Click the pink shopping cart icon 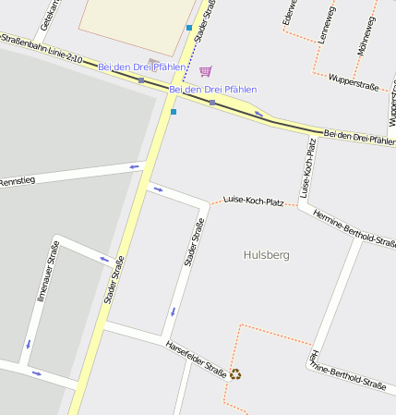(x=205, y=71)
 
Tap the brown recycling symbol (x=236, y=374)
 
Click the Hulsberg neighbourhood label (x=267, y=254)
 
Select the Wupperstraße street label (x=354, y=83)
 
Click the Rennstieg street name (x=18, y=180)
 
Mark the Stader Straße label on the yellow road (x=114, y=279)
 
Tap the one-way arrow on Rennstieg (x=135, y=166)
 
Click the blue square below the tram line (x=174, y=112)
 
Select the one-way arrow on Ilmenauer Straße (x=29, y=343)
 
